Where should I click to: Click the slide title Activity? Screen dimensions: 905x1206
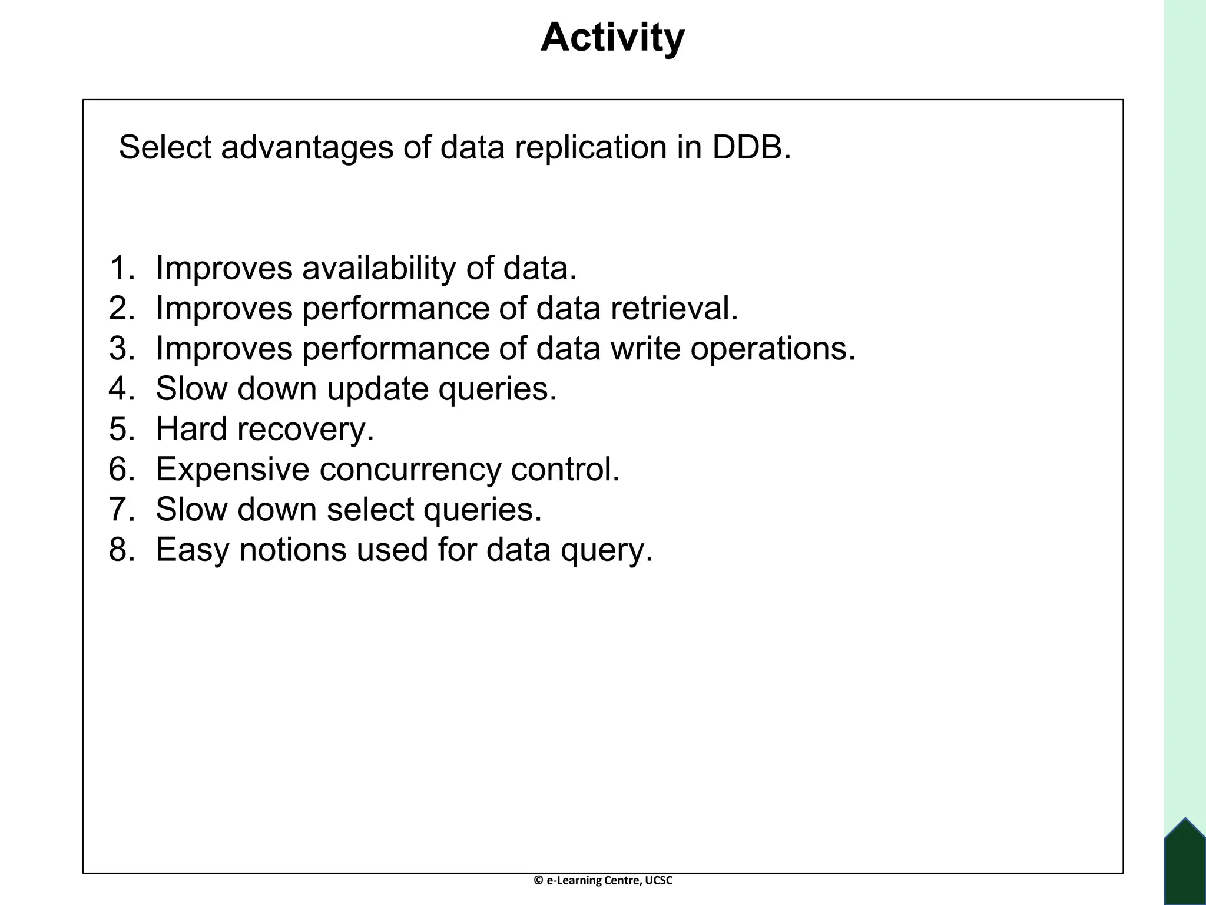tap(612, 38)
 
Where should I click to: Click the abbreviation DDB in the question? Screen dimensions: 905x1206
tap(751, 147)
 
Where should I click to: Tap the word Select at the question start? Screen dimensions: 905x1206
tap(164, 147)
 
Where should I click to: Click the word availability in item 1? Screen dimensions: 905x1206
tap(379, 268)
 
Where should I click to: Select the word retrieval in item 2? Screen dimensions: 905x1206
tap(674, 308)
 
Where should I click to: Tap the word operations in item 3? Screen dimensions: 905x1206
tap(773, 349)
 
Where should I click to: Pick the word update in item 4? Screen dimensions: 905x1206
tap(377, 389)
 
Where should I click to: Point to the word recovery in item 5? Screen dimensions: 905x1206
tap(306, 430)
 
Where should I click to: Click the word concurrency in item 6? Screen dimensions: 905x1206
tap(410, 470)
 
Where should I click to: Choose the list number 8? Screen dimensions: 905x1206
tap(122, 550)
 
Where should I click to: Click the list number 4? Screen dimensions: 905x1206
tap(122, 389)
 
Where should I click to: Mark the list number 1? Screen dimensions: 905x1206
tap(122, 268)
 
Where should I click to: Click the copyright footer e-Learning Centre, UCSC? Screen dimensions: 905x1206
tap(603, 880)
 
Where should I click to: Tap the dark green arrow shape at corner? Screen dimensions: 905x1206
tap(1185, 863)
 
